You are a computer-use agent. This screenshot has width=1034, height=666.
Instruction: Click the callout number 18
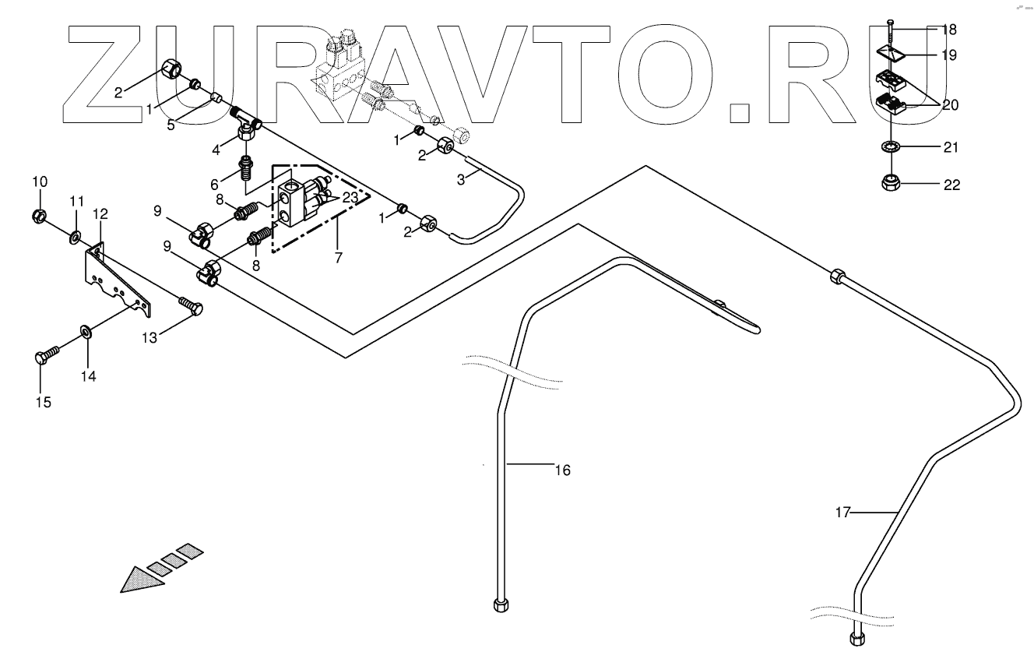click(x=949, y=30)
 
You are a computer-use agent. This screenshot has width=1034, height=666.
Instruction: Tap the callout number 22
click(x=951, y=185)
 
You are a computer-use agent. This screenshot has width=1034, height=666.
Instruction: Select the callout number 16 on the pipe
click(x=563, y=470)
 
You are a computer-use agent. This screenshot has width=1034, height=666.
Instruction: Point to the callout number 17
click(x=843, y=513)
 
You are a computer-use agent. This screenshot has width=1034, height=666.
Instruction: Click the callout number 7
click(x=339, y=258)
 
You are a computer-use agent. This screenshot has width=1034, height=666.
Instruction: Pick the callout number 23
click(x=350, y=198)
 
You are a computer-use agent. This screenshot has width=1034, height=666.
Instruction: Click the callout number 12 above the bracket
click(x=100, y=214)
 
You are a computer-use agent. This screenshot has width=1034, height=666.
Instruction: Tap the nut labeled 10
click(x=39, y=216)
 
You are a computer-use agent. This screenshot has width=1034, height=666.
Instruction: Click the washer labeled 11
click(x=75, y=238)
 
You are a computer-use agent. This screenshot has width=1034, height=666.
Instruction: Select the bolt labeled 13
click(x=190, y=305)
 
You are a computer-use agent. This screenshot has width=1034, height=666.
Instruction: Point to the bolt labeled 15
click(x=47, y=355)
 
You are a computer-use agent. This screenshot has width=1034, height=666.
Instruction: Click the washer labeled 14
click(x=86, y=332)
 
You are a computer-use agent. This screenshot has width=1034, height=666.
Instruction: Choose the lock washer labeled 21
click(x=891, y=147)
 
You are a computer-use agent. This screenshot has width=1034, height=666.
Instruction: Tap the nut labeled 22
click(x=891, y=183)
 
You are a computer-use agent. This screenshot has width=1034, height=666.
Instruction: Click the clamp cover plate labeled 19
click(x=891, y=55)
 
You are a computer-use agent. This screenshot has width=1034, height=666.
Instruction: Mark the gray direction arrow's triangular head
click(x=141, y=580)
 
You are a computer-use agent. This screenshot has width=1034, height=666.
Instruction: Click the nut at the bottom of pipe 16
click(x=501, y=605)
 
